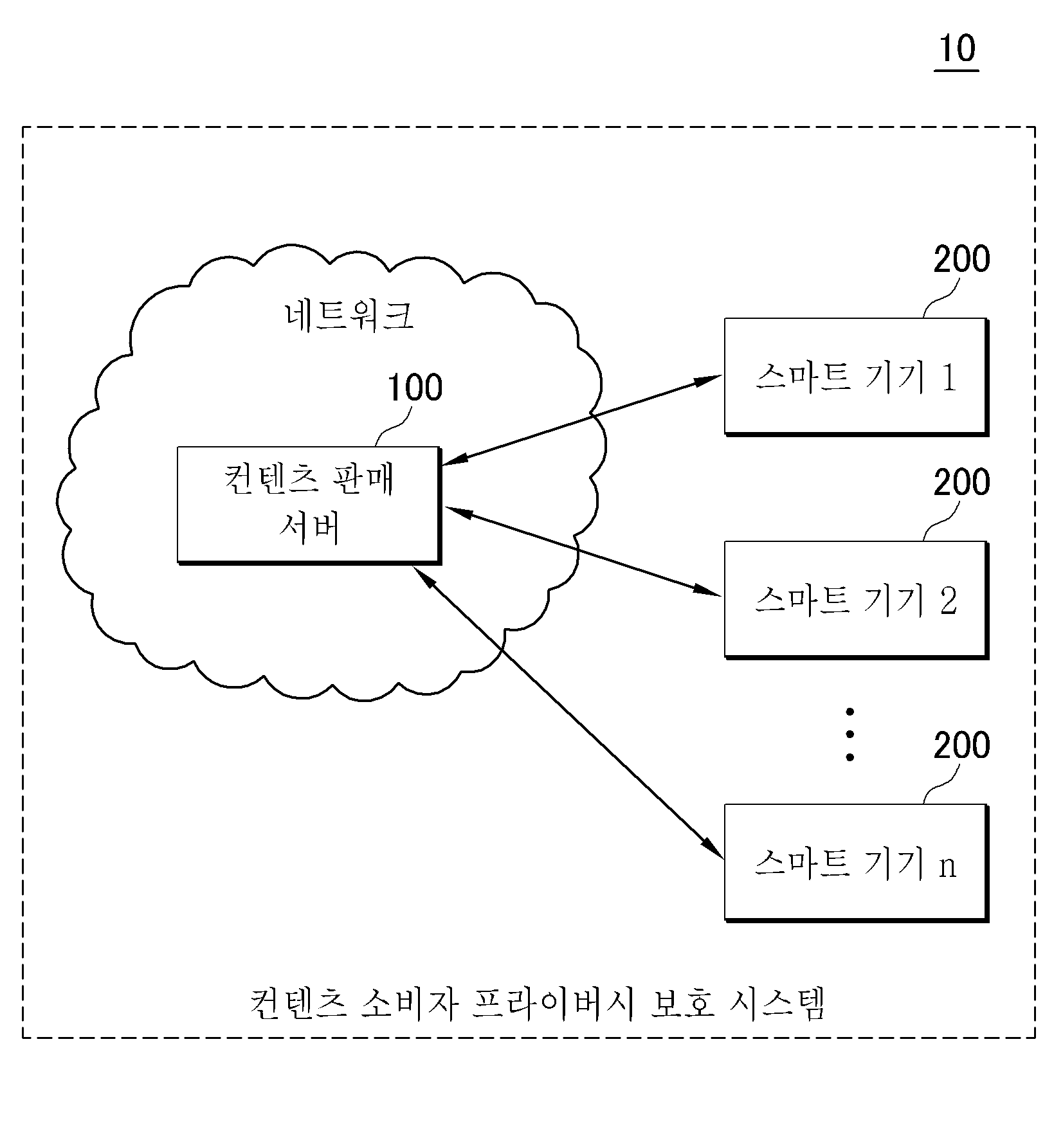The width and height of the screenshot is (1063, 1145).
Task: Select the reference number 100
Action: coord(415,388)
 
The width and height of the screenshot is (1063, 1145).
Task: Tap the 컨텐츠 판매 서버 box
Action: coord(309,505)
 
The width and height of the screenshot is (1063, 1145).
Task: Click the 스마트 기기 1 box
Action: coord(856,377)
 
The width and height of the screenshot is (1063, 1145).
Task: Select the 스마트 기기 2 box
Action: coord(856,600)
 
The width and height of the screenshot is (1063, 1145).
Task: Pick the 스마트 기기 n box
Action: coord(856,863)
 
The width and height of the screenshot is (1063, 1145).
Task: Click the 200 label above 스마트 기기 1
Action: coord(961,259)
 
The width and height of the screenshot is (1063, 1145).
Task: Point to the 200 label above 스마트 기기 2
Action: coord(961,483)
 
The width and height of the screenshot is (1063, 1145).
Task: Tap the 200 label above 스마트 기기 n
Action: coord(961,745)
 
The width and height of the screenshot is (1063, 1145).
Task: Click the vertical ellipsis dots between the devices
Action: coord(849,735)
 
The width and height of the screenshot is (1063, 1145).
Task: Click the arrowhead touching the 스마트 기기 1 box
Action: coord(711,380)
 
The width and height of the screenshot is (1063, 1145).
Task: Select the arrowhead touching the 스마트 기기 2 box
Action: coord(710,591)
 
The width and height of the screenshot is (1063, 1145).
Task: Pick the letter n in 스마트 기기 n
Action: coord(948,867)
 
